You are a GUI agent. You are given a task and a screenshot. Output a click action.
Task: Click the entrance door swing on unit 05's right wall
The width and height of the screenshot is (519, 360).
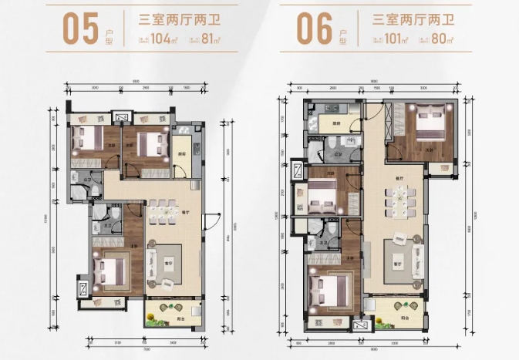tap(207, 222)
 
